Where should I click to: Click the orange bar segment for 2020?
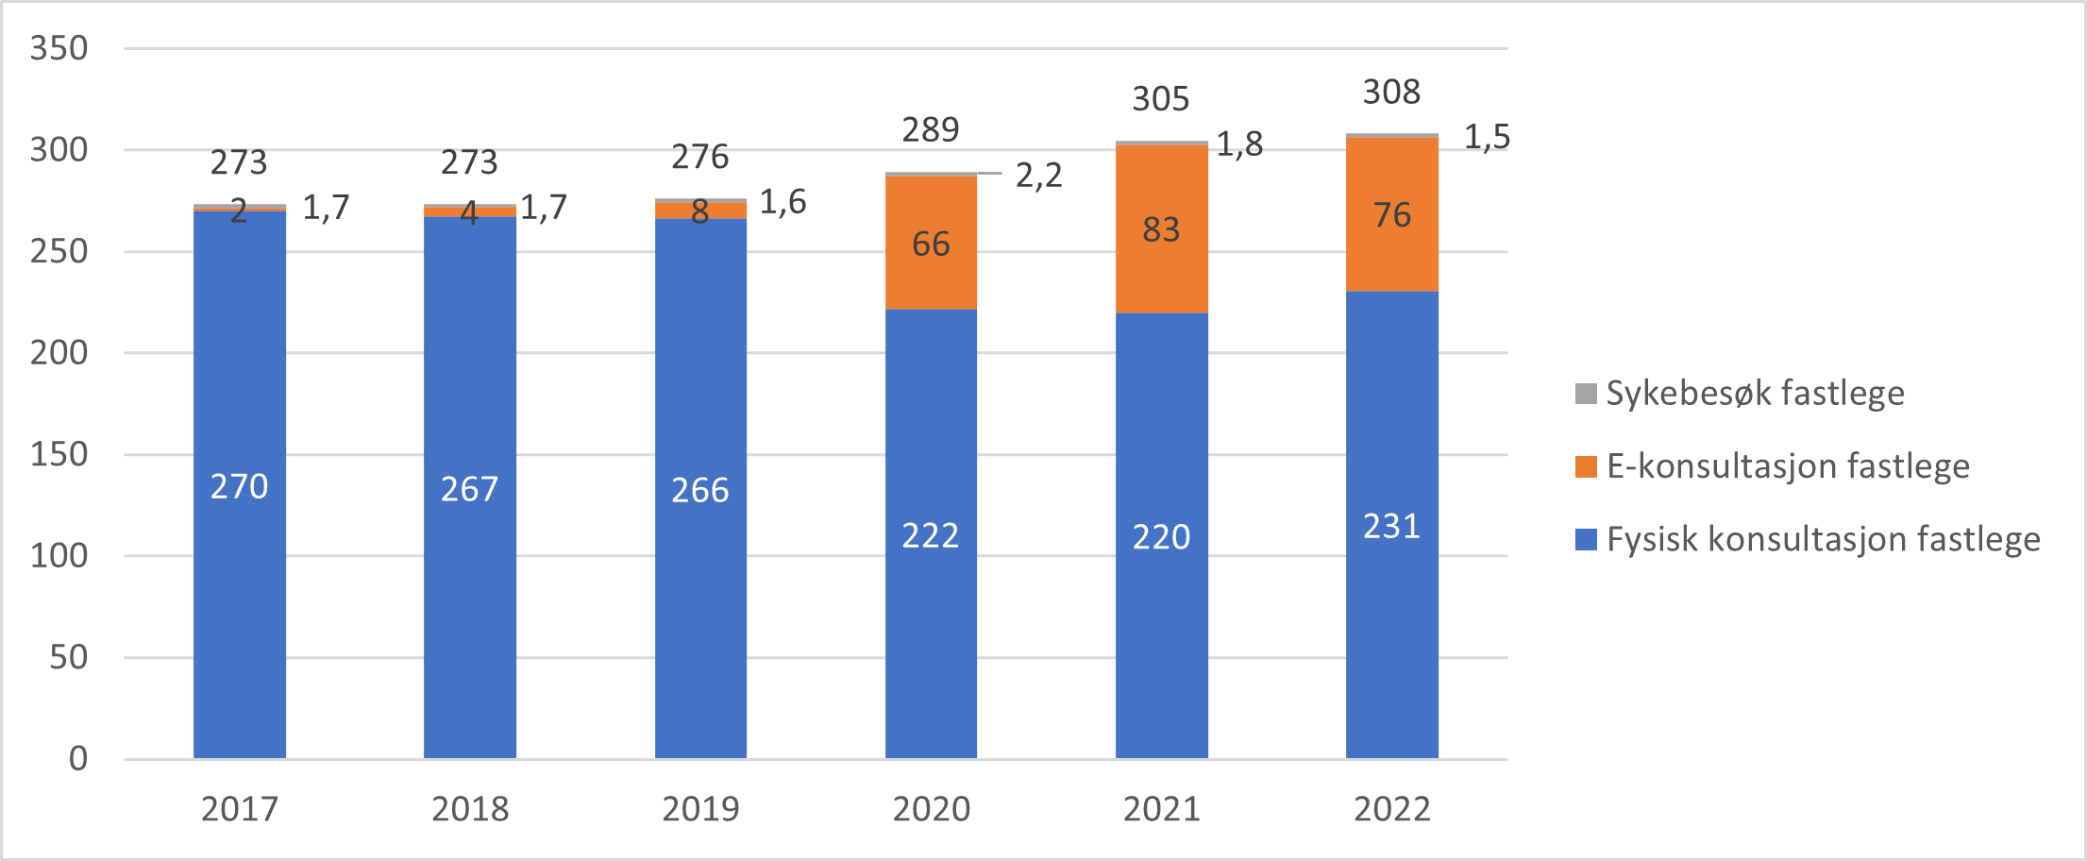[x=931, y=243]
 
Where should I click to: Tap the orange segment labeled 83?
[x=1161, y=229]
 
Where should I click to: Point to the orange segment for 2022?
[x=1391, y=214]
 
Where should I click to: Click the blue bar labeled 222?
[x=931, y=534]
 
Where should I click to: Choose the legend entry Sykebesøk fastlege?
[x=1740, y=393]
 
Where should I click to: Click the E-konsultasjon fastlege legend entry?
[x=1773, y=466]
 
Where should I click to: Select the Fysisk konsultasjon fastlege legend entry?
[x=1808, y=539]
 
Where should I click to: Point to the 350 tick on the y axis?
[x=59, y=48]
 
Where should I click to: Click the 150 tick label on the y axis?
[x=59, y=454]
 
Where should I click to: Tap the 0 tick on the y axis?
[x=77, y=758]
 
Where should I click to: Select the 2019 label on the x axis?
[x=700, y=809]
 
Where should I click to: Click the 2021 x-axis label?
[x=1161, y=809]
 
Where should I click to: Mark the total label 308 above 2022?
[x=1391, y=92]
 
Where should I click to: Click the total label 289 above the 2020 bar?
[x=931, y=129]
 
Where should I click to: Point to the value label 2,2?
[x=1038, y=175]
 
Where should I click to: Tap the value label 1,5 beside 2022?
[x=1487, y=137]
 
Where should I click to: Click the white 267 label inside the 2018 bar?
[x=469, y=489]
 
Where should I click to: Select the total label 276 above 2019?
[x=700, y=156]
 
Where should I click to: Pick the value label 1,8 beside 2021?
[x=1239, y=143]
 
